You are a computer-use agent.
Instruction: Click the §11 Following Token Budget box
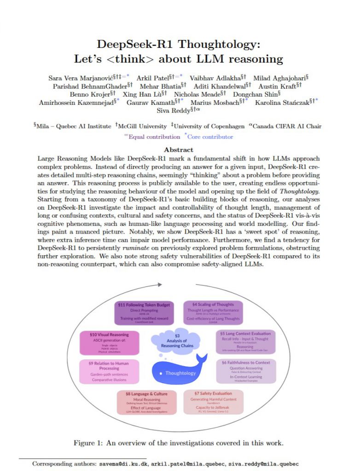(144, 312)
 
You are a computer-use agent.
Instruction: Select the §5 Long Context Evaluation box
(247, 343)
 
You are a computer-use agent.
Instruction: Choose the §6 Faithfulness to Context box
(247, 371)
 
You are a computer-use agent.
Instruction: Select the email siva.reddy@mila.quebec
(261, 464)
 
